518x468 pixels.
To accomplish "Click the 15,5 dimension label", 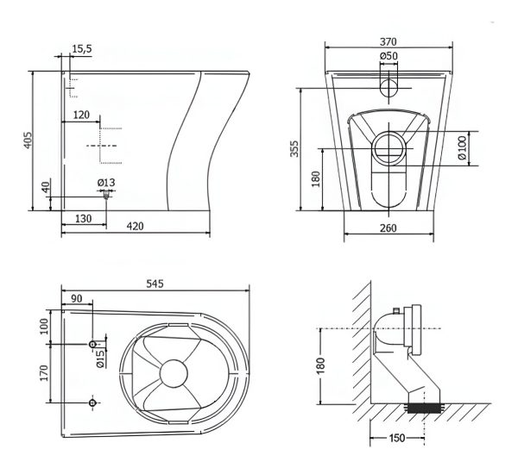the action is (x=82, y=49).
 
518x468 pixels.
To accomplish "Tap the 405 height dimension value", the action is (x=28, y=140).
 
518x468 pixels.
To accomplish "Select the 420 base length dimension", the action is (x=136, y=227).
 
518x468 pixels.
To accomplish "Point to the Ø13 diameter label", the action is (x=106, y=183).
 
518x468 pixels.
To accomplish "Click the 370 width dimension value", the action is (x=388, y=42).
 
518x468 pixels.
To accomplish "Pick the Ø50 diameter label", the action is (x=388, y=56).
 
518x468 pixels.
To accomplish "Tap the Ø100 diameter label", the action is (x=462, y=147).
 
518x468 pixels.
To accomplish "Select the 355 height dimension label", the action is (x=294, y=149).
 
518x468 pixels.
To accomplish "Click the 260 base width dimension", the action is (x=388, y=228).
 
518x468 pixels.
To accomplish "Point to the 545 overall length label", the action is (x=155, y=284).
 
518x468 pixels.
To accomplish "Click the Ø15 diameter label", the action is (x=100, y=359).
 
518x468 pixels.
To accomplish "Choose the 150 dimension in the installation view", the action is (x=397, y=438).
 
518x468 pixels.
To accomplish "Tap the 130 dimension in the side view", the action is (x=83, y=218).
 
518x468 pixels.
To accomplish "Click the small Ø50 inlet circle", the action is (x=388, y=88).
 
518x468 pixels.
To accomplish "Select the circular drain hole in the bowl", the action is (x=174, y=373).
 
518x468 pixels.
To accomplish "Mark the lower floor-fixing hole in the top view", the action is (x=92, y=402).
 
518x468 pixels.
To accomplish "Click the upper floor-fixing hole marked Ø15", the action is (x=92, y=345).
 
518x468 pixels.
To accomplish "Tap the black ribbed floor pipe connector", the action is (x=424, y=409).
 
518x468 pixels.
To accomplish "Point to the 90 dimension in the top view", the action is (x=76, y=299).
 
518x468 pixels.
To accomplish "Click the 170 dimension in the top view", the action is (x=44, y=373).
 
